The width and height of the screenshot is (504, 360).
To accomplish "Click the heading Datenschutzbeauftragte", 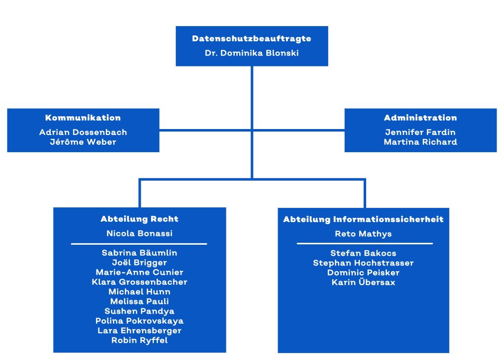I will (x=252, y=38).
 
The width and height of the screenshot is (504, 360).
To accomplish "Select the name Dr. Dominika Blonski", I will (x=252, y=53).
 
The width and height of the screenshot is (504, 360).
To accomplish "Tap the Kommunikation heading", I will (x=83, y=118).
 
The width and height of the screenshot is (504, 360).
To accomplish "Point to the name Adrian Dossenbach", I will (x=83, y=132).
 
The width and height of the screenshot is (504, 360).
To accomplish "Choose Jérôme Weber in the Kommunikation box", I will (x=83, y=142).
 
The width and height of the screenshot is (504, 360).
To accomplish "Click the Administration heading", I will (x=420, y=118).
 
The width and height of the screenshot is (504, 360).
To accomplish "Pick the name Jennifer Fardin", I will (x=420, y=132).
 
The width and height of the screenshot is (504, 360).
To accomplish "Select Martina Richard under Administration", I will (x=420, y=142).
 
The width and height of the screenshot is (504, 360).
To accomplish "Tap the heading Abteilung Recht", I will (x=139, y=219).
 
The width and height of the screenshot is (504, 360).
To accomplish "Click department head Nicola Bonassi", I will (x=139, y=233).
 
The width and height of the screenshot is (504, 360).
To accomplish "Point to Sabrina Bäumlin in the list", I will (x=139, y=253).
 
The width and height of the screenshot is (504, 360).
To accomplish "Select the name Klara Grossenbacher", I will (x=139, y=282).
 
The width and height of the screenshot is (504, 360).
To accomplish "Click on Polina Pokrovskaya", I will (x=139, y=321).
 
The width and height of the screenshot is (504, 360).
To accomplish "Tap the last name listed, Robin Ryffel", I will (x=139, y=340).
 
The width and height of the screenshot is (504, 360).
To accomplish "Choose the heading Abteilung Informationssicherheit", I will (x=363, y=219).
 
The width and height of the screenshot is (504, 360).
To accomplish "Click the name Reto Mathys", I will (x=363, y=233).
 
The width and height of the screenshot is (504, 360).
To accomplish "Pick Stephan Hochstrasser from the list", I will (x=363, y=263).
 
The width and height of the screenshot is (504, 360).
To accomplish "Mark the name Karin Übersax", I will (x=363, y=282).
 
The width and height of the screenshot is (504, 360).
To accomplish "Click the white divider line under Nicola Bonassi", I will (x=139, y=244).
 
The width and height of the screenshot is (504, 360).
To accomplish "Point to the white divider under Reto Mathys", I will (x=365, y=243).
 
